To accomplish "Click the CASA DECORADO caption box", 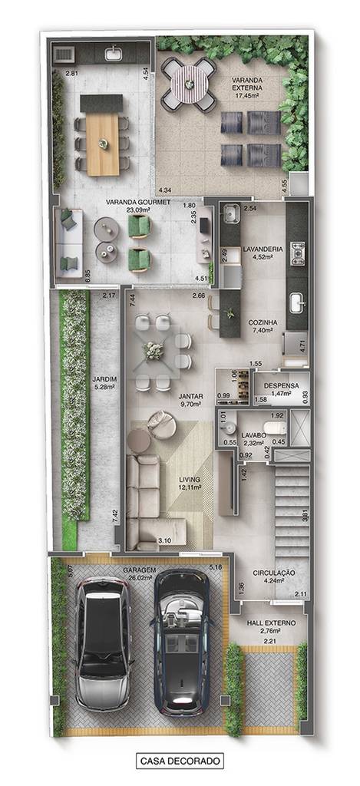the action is tap(180, 761).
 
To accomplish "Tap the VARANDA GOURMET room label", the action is tap(138, 203).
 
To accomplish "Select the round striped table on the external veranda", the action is tap(189, 84).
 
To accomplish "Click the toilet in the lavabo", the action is tap(275, 428).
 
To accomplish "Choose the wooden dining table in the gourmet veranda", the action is tap(103, 145).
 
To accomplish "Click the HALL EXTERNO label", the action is tap(271, 623).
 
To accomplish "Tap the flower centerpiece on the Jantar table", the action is tap(154, 351).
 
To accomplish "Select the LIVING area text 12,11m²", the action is tap(190, 487).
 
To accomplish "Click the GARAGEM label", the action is tap(139, 570).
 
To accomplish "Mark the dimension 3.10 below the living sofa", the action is tap(164, 541).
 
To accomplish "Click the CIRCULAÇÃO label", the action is tap(274, 573).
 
